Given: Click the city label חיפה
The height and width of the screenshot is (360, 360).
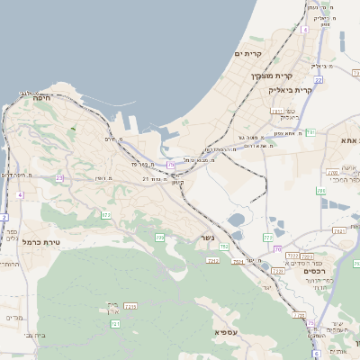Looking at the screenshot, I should pos(40,100).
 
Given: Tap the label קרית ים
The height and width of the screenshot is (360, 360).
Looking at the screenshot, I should pos(247,55).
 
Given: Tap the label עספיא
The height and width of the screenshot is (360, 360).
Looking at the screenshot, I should pos(226,332).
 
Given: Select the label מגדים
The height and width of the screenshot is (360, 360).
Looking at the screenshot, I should pos(14,317).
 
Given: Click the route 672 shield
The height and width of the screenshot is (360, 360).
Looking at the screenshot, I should pos(106,215).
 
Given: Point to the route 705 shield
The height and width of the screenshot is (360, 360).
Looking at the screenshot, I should pos(160,238).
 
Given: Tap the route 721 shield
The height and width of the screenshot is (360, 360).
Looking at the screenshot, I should pos(115,323).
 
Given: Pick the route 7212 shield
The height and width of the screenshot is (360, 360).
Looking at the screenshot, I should pos(130,307).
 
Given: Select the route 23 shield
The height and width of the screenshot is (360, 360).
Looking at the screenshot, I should pos(59,178).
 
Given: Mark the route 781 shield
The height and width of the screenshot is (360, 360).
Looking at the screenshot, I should pos(310,132).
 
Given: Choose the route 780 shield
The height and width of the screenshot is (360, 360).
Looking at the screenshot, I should pos(268,238).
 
